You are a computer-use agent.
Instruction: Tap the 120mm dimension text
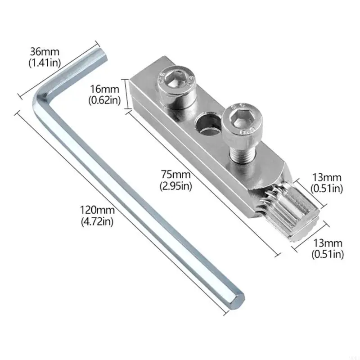tap(98, 210)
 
